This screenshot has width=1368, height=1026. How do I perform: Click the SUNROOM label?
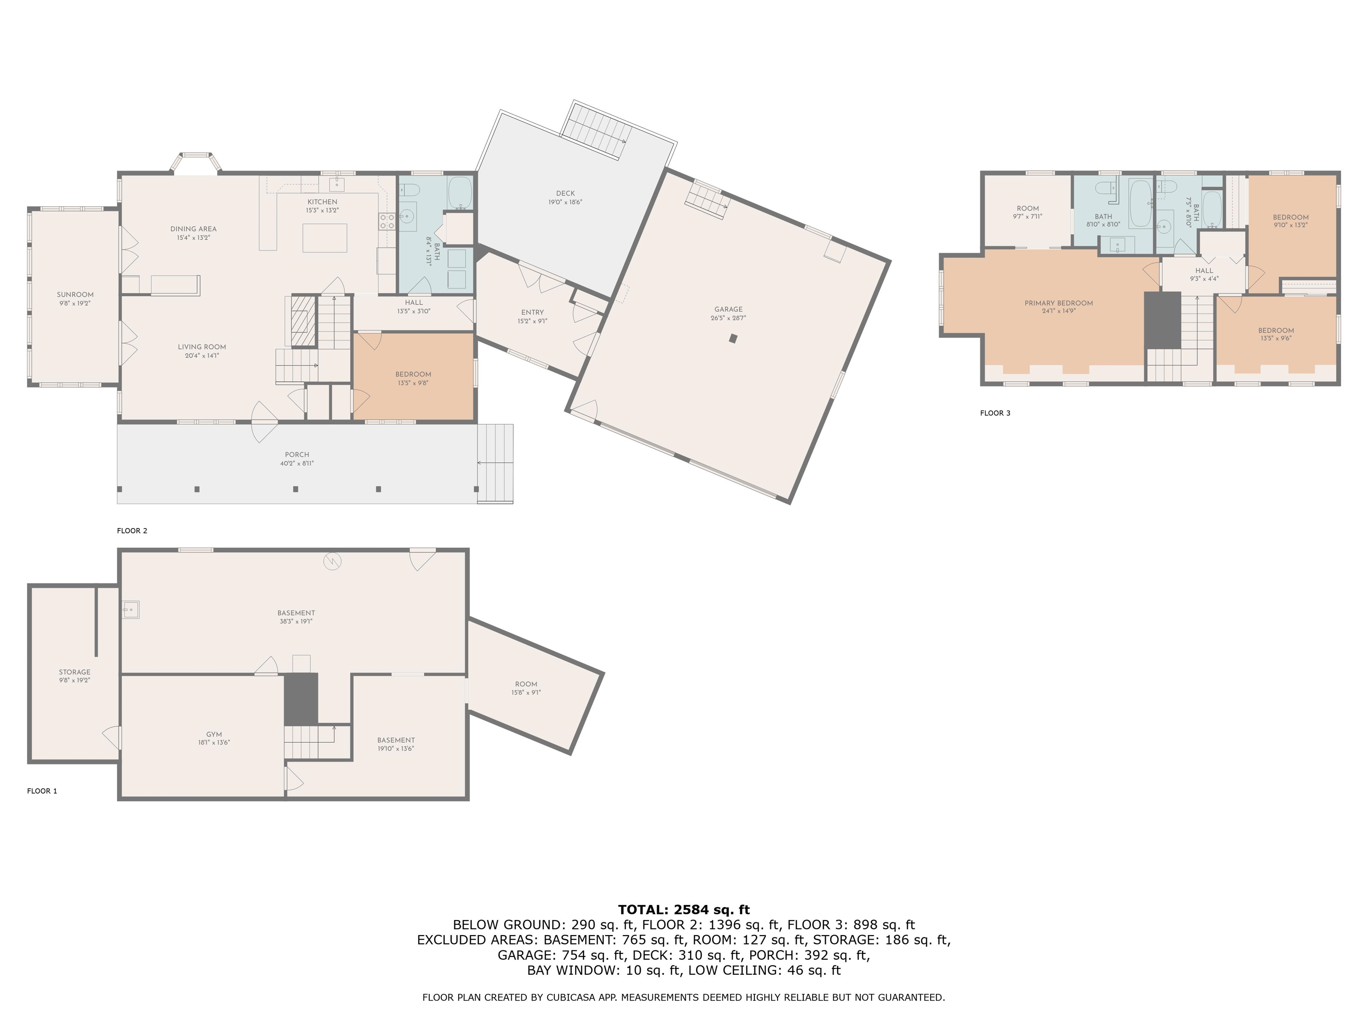click(x=75, y=295)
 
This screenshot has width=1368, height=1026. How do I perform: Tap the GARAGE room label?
click(x=728, y=309)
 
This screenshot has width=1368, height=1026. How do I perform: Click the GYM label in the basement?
click(x=214, y=735)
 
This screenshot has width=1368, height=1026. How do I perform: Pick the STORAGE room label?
click(x=75, y=672)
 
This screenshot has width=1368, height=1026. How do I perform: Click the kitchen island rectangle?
click(x=325, y=238)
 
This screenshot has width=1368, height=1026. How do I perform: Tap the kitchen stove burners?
click(x=387, y=221)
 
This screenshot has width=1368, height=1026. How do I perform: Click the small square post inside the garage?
click(x=733, y=338)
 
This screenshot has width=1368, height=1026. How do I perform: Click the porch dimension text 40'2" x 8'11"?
click(x=297, y=463)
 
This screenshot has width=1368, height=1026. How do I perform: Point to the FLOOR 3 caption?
click(x=995, y=413)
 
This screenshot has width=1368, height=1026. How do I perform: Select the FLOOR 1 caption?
click(x=42, y=791)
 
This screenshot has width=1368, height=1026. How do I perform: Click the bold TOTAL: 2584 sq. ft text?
click(x=684, y=910)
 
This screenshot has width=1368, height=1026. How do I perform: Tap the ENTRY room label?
click(x=533, y=312)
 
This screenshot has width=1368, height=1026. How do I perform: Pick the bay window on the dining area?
click(x=196, y=163)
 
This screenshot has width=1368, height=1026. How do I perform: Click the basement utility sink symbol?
click(x=130, y=610)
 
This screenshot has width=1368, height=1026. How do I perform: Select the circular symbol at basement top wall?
click(x=332, y=561)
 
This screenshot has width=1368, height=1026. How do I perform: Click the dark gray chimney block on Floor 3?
click(x=1163, y=320)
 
